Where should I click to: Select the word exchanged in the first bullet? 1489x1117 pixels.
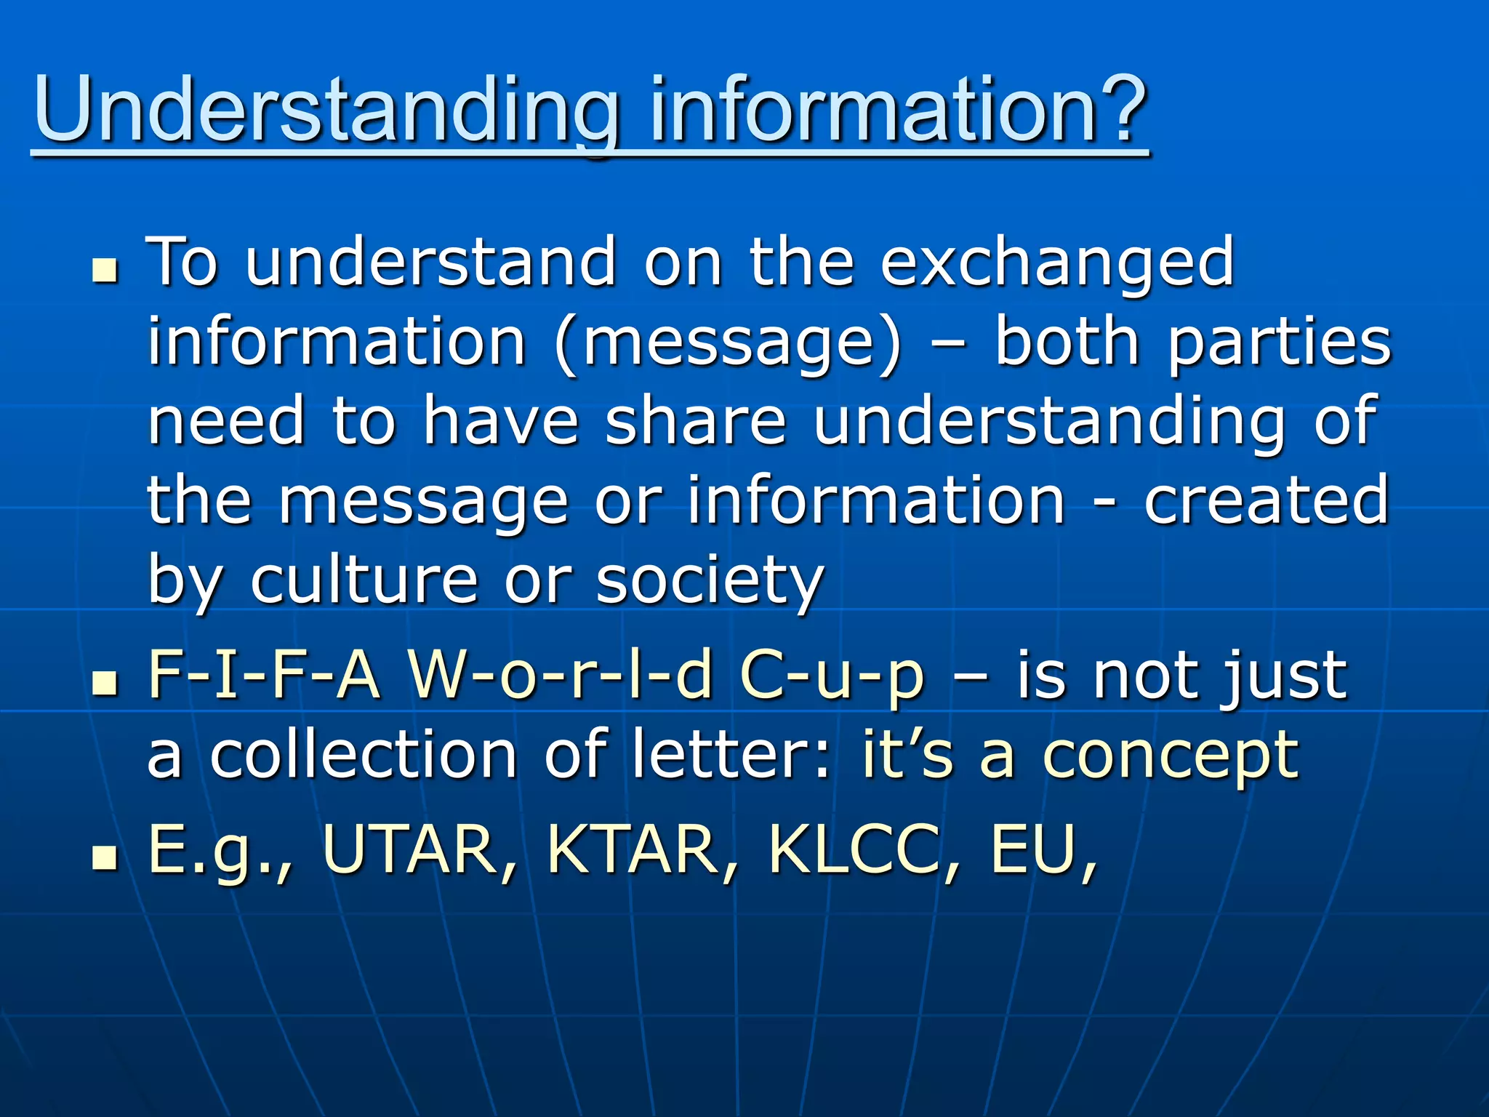point(1057,263)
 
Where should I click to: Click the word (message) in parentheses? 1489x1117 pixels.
point(728,343)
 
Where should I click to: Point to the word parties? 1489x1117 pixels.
point(1280,343)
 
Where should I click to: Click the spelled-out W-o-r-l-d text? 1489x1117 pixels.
point(561,675)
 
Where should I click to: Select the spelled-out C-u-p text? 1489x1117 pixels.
point(832,675)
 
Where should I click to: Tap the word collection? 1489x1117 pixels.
point(364,755)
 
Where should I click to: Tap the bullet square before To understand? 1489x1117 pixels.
point(105,272)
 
